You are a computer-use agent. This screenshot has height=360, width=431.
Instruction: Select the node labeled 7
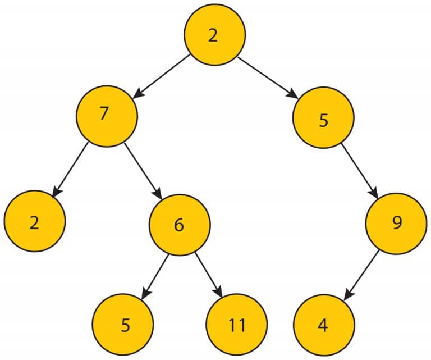click(107, 114)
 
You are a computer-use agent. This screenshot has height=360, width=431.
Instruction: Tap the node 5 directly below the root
click(323, 120)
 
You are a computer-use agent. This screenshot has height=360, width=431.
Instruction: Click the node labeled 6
click(179, 225)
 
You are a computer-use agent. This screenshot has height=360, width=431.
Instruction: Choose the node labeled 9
click(396, 224)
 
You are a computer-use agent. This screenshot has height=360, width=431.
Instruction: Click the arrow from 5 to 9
click(360, 170)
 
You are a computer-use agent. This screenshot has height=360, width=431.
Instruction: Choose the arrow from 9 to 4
click(361, 274)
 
